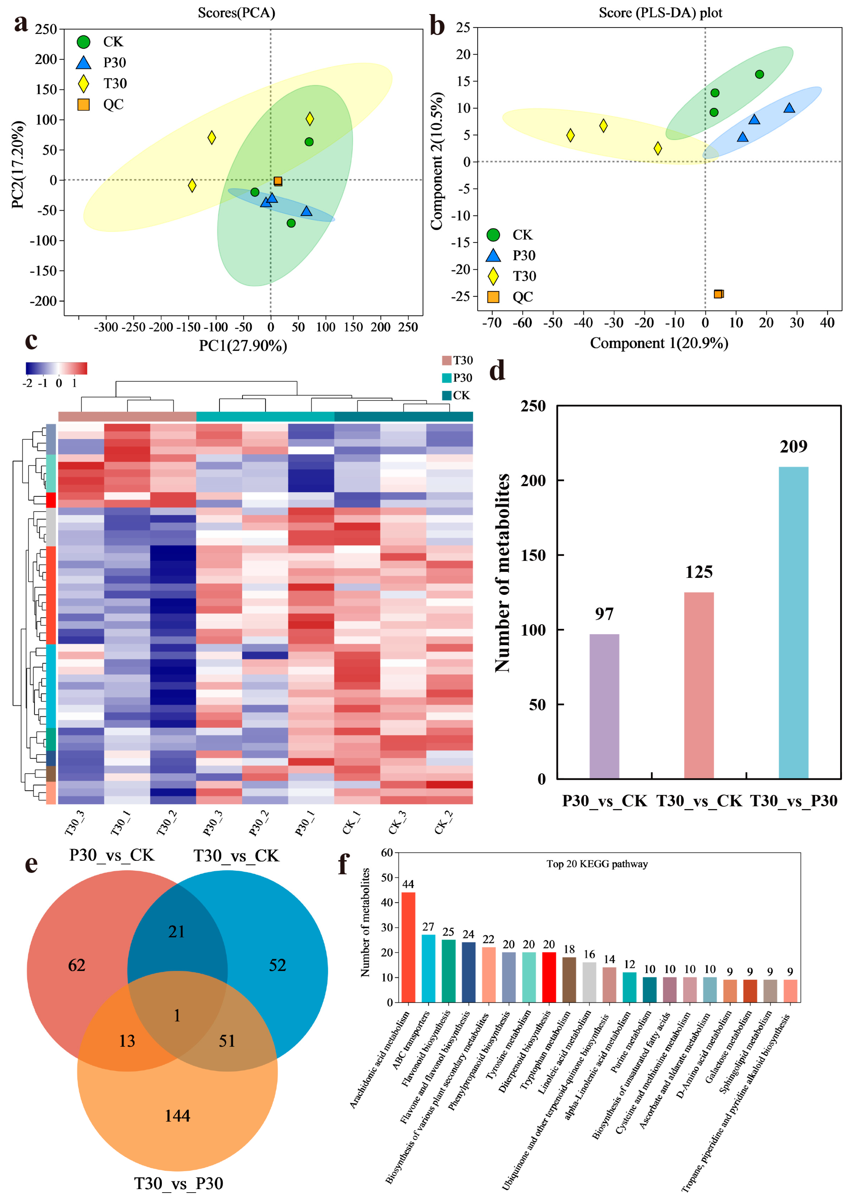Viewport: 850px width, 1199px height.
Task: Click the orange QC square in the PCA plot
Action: pyautogui.click(x=278, y=181)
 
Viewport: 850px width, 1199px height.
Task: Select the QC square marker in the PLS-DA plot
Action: pyautogui.click(x=718, y=294)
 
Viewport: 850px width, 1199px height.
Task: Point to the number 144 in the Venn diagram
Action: pyautogui.click(x=178, y=1116)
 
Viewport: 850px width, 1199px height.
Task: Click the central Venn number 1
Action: pyautogui.click(x=177, y=1015)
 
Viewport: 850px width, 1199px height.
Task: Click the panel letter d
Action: pyautogui.click(x=497, y=371)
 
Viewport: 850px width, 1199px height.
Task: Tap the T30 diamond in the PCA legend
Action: pyautogui.click(x=83, y=83)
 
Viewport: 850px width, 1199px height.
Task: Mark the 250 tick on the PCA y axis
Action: pyautogui.click(x=46, y=29)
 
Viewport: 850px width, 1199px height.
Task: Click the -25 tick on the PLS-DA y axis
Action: pyautogui.click(x=461, y=296)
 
